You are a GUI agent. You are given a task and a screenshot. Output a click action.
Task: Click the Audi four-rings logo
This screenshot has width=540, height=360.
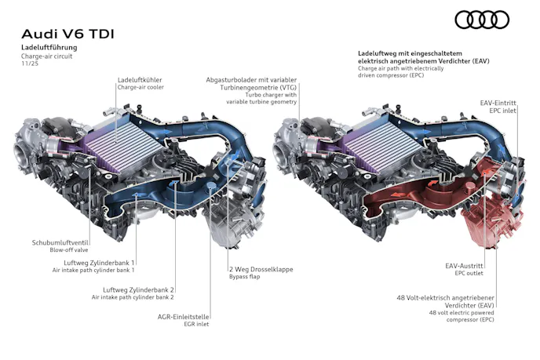pos(482,20)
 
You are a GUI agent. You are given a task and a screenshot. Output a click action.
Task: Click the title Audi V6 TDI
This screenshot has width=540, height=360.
pos(67,34)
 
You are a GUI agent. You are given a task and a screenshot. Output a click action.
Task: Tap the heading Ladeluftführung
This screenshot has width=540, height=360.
pos(49,48)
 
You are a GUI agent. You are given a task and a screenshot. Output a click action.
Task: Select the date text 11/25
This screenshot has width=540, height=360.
pos(30,64)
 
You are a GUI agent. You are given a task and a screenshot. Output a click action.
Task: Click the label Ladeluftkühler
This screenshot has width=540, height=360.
pos(140,80)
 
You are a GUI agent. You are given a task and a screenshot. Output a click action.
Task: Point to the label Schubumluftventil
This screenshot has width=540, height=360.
pos(60,242)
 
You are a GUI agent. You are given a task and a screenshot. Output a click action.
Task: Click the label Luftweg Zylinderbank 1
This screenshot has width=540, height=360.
pos(99,263)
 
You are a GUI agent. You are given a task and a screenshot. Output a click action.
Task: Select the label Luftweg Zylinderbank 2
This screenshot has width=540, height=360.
pos(138,290)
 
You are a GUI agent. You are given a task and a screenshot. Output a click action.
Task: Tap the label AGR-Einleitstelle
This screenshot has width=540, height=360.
pos(183,317)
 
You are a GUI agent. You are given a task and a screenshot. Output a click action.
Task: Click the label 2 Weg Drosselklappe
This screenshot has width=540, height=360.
pos(261,270)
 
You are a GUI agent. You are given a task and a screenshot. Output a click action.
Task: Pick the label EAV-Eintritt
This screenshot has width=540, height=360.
pos(498,103)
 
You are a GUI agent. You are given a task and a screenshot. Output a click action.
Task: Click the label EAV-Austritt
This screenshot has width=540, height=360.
pos(464,266)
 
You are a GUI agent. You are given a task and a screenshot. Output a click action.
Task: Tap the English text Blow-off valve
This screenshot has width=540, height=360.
pos(69,250)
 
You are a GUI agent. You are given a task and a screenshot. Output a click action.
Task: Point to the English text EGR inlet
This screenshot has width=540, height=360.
pos(196,324)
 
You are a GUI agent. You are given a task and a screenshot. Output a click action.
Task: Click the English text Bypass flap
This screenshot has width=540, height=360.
pos(245,277)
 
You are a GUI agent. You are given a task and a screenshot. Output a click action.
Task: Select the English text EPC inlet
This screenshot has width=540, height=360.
pos(503,111)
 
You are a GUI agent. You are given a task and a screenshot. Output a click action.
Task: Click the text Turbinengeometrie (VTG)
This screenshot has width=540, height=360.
pos(258,87)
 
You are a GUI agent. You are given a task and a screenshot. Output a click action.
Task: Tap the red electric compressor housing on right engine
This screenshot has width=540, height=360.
pos(489,220)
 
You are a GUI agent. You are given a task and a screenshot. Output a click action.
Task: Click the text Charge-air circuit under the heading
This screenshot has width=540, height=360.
pos(47,56)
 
